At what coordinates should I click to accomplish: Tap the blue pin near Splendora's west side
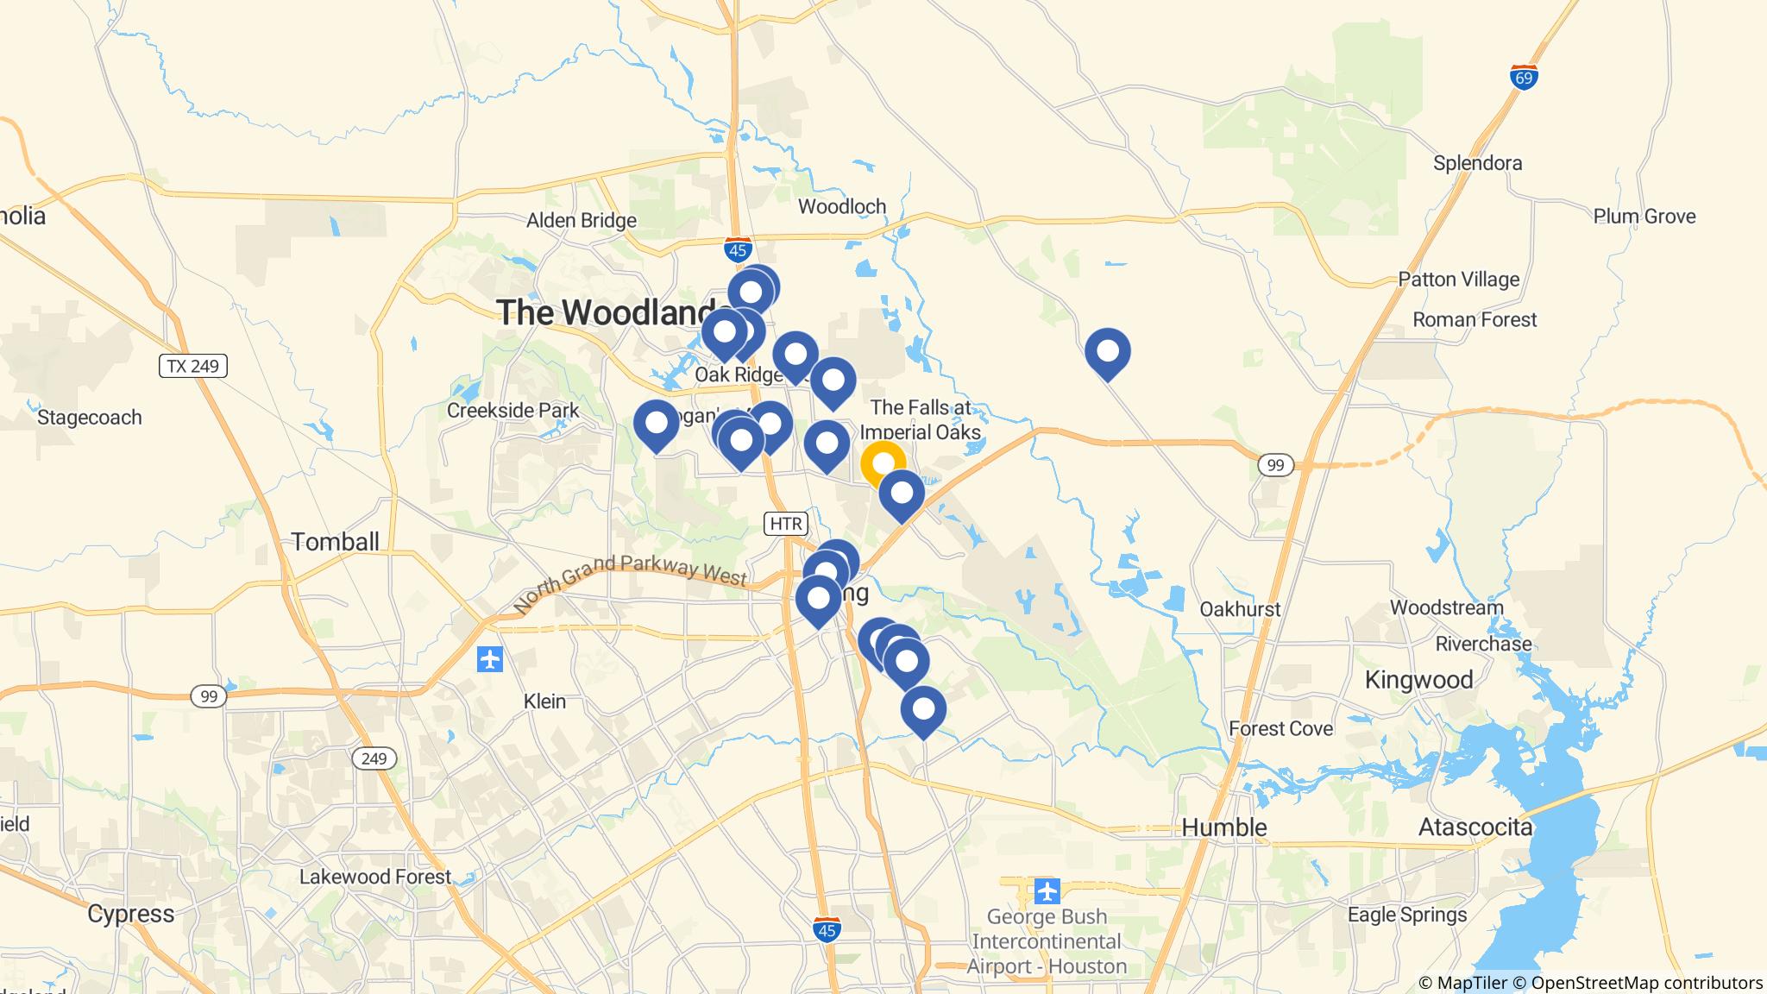[1107, 352]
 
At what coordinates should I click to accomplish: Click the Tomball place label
[335, 542]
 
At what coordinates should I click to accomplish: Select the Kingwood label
[1418, 680]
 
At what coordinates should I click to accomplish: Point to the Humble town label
[1223, 827]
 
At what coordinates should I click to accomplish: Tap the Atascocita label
[1475, 827]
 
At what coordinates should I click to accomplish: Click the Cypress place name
[131, 914]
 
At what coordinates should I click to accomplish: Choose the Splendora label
[1477, 163]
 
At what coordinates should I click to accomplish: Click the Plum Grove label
[1644, 217]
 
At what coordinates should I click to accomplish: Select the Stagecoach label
[90, 418]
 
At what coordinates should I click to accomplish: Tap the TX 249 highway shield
[193, 367]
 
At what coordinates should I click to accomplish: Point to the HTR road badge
[785, 524]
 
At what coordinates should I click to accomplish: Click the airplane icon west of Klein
[490, 660]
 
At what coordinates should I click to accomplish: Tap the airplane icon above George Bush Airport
[1047, 890]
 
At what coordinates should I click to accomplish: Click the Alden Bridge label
[582, 220]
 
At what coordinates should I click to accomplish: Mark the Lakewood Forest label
[374, 878]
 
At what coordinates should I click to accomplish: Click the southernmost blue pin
[923, 710]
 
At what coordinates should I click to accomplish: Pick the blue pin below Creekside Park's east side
[656, 425]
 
